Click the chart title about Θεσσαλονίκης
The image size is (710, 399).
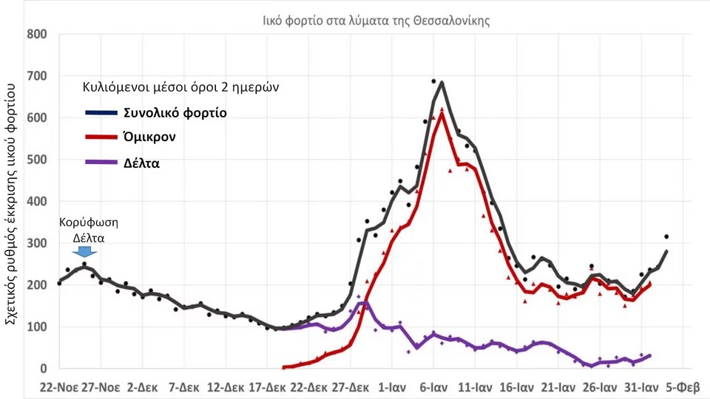point(376,21)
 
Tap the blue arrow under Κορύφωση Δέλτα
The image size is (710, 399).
point(84,251)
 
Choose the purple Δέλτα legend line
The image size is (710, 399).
point(101,162)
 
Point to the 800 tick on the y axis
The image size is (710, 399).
point(37,35)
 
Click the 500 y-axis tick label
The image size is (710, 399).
point(37,160)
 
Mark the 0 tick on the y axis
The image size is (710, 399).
point(44,369)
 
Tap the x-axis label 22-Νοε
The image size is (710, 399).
point(59,388)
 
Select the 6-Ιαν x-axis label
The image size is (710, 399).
point(433,388)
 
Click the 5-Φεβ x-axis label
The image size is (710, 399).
point(683,388)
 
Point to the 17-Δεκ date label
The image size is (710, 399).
point(267,388)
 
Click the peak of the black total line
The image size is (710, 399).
point(442,82)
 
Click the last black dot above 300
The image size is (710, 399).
point(666,236)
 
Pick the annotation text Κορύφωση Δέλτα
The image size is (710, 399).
point(89,231)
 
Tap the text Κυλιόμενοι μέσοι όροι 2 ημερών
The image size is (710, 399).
point(180,87)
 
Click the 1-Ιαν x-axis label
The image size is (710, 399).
point(392,388)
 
